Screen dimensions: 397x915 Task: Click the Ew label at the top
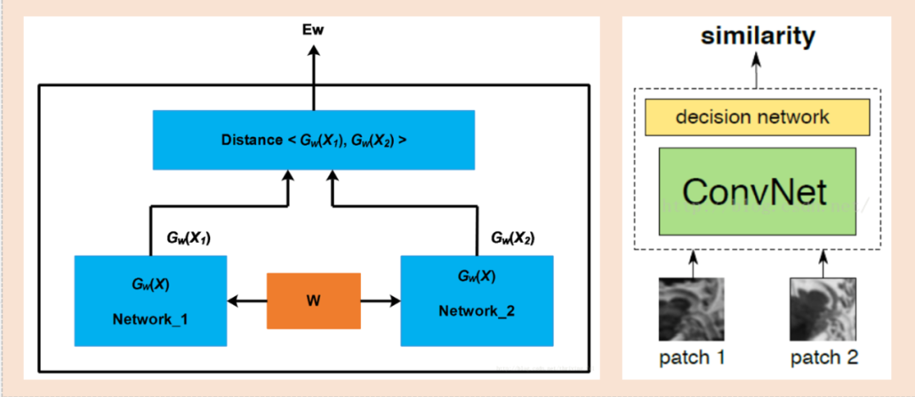click(314, 30)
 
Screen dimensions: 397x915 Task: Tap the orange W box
click(313, 301)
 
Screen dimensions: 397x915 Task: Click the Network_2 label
click(476, 311)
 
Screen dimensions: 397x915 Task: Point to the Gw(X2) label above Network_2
click(513, 238)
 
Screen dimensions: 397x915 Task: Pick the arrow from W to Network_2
click(380, 301)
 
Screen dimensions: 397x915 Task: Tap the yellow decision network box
click(757, 117)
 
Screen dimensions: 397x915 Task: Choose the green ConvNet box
click(757, 191)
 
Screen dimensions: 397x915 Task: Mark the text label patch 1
click(691, 358)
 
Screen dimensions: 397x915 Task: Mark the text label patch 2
click(823, 358)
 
